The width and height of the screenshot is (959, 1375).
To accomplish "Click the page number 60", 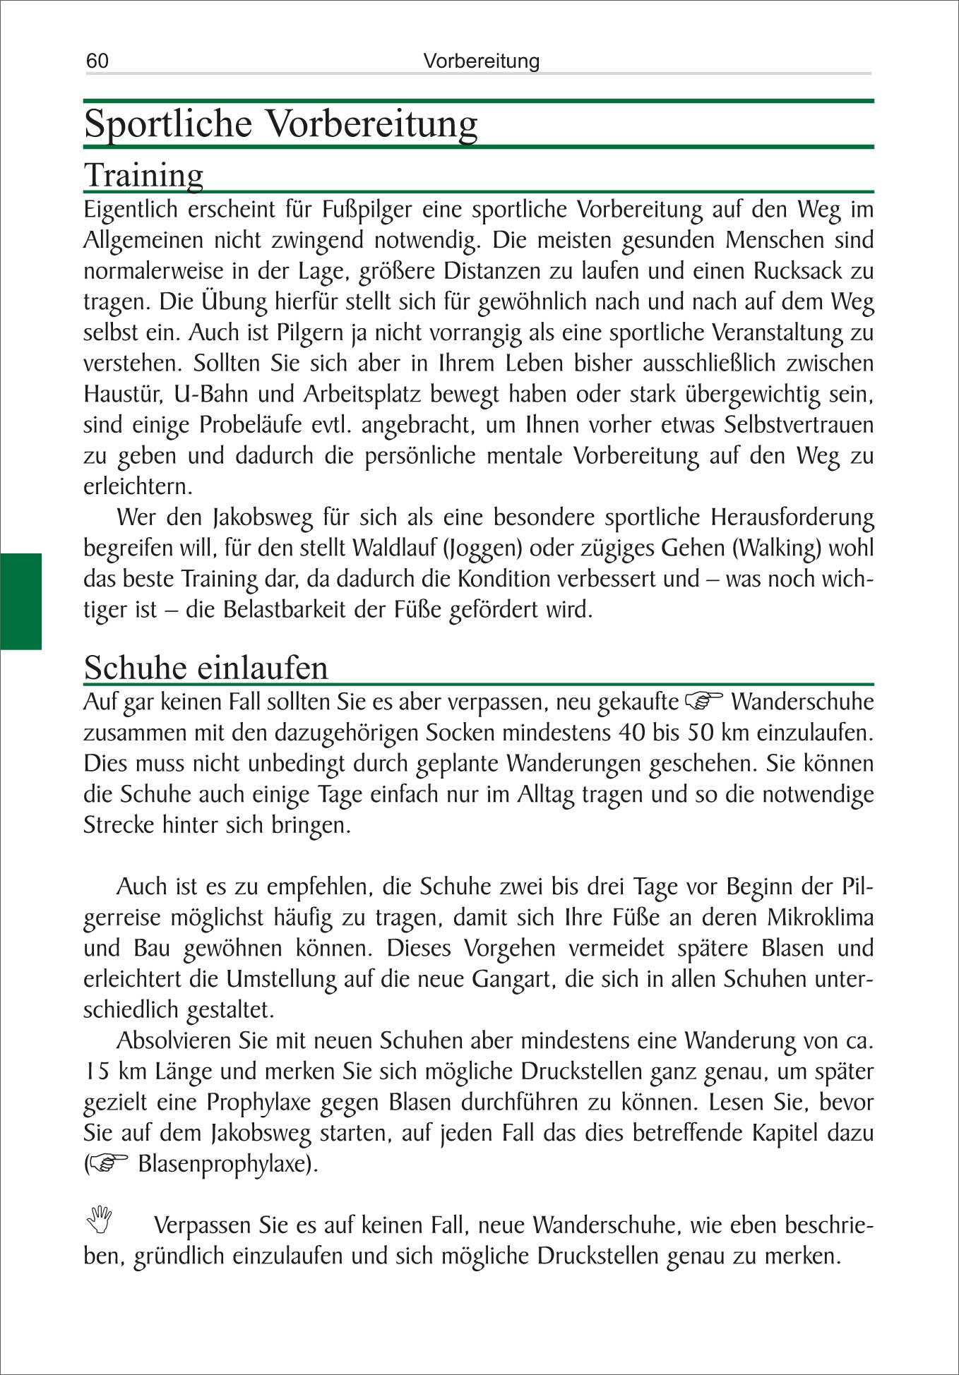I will click(97, 61).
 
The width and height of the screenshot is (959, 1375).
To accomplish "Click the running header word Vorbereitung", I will click(481, 61).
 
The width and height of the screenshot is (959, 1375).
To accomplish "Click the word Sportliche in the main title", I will click(168, 124).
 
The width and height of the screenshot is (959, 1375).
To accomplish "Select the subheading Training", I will click(143, 175).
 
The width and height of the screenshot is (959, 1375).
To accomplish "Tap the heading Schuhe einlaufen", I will click(205, 667).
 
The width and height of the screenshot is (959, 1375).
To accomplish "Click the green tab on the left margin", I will click(20, 601).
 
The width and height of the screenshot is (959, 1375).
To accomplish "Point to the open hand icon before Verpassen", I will click(100, 1219).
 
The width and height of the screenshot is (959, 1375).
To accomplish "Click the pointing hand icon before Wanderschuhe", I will click(704, 701).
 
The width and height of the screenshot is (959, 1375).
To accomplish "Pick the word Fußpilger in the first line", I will click(367, 210).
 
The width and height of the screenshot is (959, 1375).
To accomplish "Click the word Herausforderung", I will click(792, 517).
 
